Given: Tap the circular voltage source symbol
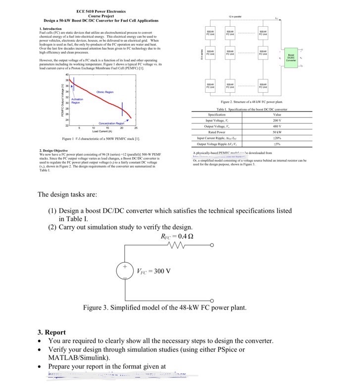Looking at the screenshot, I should pyautogui.click(x=124, y=271).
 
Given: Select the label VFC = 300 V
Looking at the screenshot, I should pyautogui.click(x=154, y=271).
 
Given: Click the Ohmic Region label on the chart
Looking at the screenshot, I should pyautogui.click(x=104, y=92).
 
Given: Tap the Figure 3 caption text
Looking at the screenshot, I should pyautogui.click(x=164, y=308).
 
